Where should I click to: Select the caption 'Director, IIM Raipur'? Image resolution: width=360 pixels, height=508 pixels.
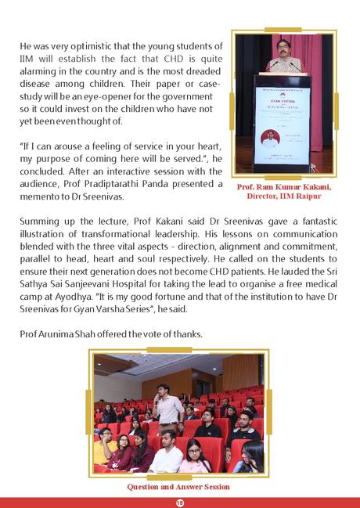click(x=284, y=196)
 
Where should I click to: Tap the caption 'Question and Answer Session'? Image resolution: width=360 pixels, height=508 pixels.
click(x=178, y=487)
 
